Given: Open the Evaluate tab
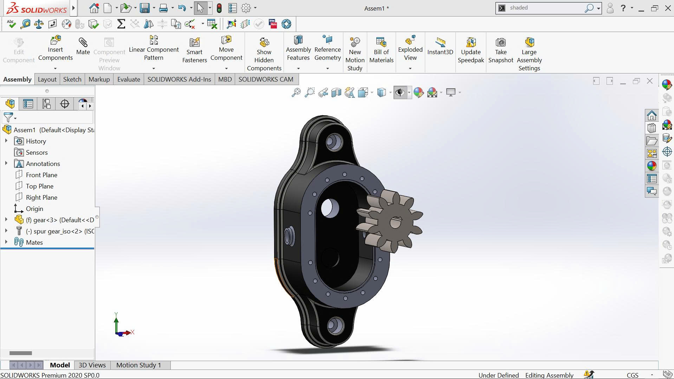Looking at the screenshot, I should (129, 79).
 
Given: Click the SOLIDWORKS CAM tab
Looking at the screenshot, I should (266, 79).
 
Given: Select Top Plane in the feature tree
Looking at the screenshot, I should (39, 186).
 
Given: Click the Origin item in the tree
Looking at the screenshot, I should (34, 209).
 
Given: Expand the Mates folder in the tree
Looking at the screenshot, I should (6, 242).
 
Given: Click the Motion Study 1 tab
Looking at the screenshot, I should (138, 365).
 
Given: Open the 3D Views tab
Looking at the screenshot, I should (92, 365).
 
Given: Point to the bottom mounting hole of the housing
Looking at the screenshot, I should (335, 326).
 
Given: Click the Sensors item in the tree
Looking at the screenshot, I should (37, 153).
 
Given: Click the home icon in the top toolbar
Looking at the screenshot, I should (94, 8).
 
